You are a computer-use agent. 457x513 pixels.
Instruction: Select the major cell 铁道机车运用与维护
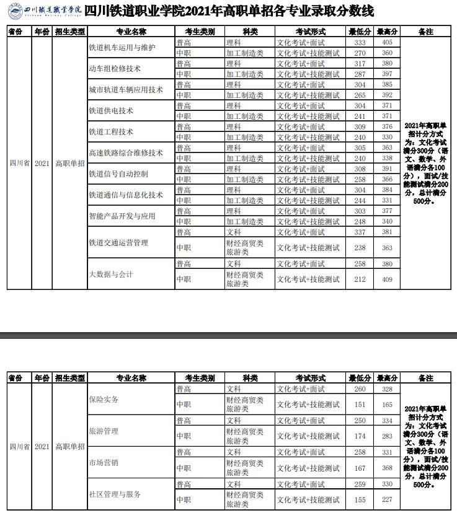coord(122,48)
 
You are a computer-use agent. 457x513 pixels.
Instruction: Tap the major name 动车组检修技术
coord(115,69)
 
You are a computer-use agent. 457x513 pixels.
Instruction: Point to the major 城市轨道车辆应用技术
coord(126,90)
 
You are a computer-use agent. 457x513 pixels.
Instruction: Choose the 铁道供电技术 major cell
coord(111,111)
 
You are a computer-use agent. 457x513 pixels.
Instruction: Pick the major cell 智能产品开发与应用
coord(122,216)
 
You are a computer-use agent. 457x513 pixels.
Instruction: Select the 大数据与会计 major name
coord(111,274)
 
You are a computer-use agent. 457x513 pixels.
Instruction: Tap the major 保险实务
coord(104,400)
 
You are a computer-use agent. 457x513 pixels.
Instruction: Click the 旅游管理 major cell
coord(104,431)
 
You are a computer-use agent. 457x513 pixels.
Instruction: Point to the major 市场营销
coord(104,463)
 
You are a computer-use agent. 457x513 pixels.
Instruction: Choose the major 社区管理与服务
coord(115,494)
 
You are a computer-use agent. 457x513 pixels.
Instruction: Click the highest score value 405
coord(388,42)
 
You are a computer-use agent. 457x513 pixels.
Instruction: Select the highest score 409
coord(388,279)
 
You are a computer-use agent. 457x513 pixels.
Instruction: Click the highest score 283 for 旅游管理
coord(388,436)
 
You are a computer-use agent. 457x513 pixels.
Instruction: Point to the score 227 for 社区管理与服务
coord(388,499)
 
